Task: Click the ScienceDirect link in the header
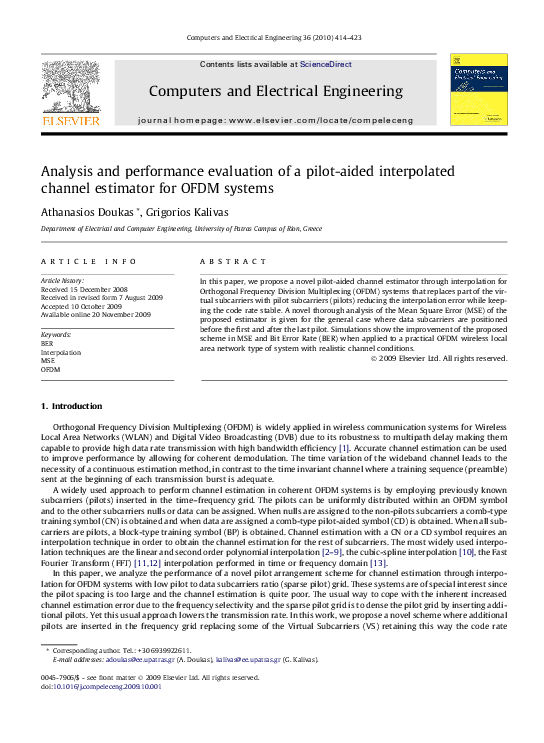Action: (325, 64)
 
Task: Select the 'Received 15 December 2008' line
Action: (84, 290)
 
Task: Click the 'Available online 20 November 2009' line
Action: (95, 314)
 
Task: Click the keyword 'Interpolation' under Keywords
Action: (61, 352)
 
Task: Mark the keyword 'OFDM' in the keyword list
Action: (50, 370)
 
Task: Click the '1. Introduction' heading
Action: (70, 406)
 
